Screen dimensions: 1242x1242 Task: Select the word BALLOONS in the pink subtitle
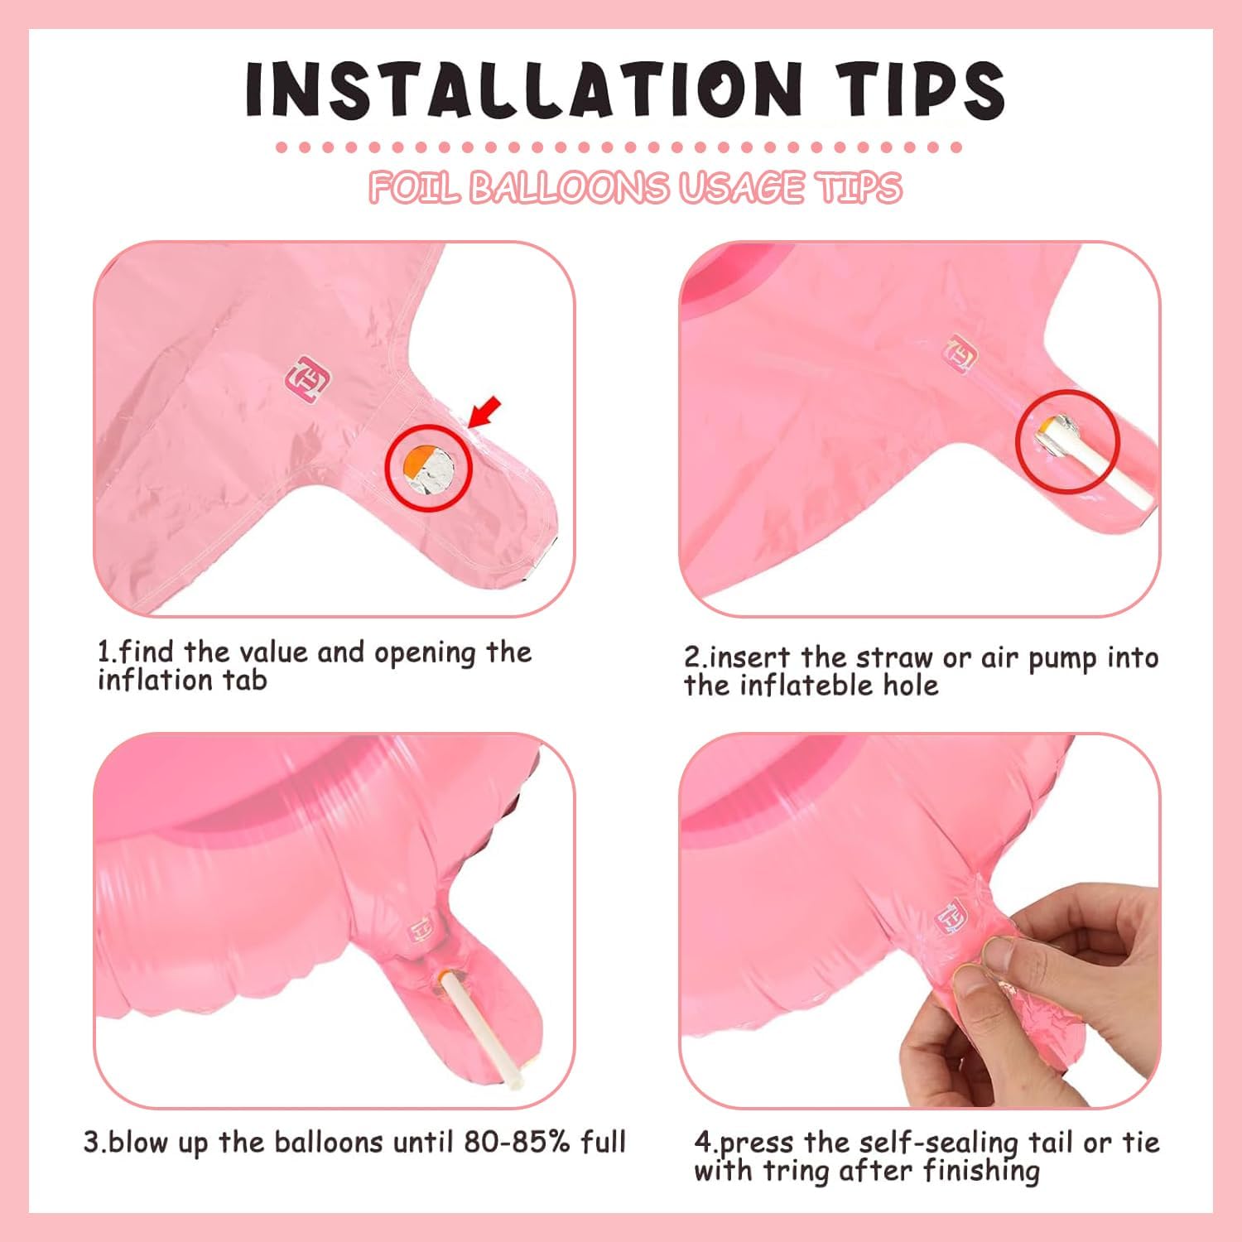pyautogui.click(x=569, y=188)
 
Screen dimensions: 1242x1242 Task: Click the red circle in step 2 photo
pyautogui.click(x=1067, y=441)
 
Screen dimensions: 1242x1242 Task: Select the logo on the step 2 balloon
pyautogui.click(x=962, y=354)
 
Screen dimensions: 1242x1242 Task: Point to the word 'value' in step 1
pyautogui.click(x=269, y=652)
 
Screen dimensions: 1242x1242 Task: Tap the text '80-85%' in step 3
pyautogui.click(x=517, y=1143)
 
